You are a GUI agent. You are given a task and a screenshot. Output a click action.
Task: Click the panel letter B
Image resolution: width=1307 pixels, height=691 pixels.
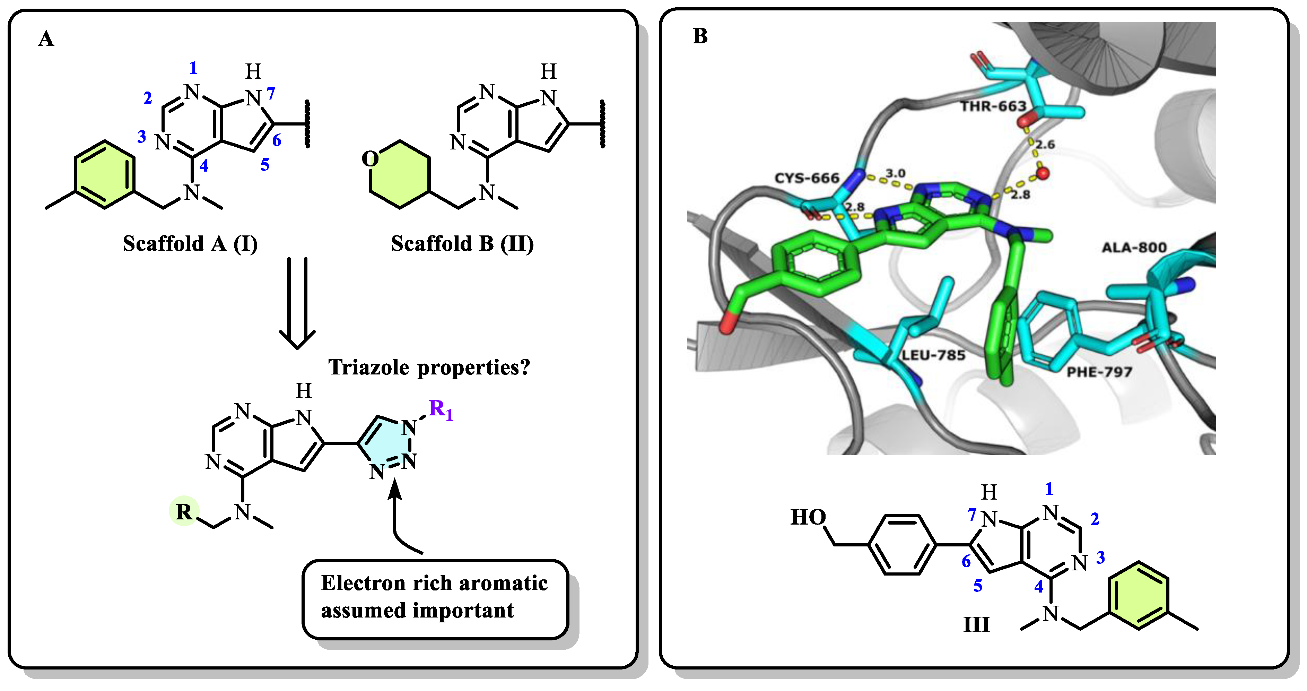tap(700, 36)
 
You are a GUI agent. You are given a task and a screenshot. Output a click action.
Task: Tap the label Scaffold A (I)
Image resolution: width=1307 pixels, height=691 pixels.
tap(190, 244)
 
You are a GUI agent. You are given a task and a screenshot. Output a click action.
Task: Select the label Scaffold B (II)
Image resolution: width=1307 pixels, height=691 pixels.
tap(462, 244)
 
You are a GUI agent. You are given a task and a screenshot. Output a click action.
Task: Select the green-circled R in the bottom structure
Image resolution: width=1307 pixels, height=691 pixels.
tap(184, 511)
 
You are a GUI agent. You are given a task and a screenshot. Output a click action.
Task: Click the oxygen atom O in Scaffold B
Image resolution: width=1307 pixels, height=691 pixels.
tap(370, 159)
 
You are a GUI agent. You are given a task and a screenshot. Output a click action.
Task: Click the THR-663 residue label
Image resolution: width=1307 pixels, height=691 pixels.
tap(993, 106)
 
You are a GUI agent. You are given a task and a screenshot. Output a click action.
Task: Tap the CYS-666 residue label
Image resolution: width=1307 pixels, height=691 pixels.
tap(807, 178)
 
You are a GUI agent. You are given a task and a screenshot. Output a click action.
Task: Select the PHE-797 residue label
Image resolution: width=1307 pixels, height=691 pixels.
tap(1099, 372)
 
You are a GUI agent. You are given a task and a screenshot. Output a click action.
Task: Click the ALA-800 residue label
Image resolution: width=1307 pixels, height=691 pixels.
tap(1134, 248)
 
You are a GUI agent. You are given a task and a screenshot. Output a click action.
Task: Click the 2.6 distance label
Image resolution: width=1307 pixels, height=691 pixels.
tap(1045, 145)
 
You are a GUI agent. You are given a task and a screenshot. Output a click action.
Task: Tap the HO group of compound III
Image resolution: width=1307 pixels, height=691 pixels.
tap(808, 517)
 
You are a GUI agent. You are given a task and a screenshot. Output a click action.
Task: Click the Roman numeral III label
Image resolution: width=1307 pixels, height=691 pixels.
tap(976, 624)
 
